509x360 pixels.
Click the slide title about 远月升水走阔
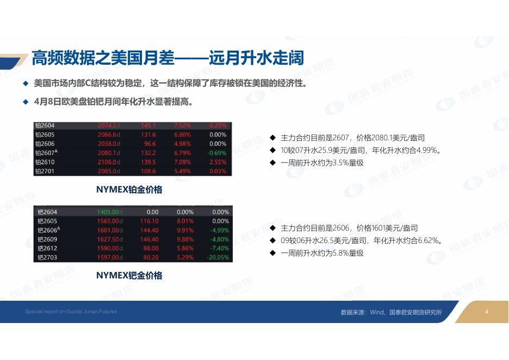(x=167, y=58)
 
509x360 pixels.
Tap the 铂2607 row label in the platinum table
(x=46, y=153)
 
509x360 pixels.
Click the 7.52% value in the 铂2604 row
(x=182, y=125)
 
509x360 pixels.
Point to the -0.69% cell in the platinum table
(x=217, y=153)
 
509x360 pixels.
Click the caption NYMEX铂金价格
(x=129, y=190)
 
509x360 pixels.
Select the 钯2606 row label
(x=49, y=230)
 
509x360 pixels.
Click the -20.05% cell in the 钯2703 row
(x=218, y=257)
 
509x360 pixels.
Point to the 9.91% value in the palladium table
(x=185, y=230)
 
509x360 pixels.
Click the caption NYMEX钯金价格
(x=129, y=275)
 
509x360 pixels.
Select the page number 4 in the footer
(x=487, y=312)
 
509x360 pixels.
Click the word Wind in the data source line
(x=376, y=312)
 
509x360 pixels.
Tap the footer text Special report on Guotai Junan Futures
(x=71, y=311)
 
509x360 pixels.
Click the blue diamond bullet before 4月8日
(x=26, y=102)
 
